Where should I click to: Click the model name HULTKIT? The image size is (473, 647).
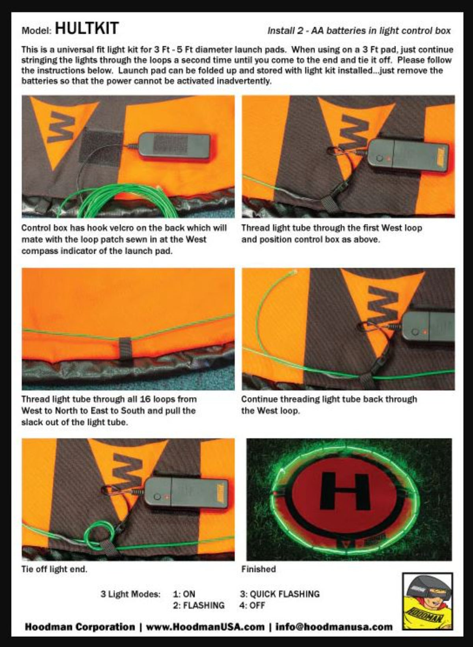coord(87,28)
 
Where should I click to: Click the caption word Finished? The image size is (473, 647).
coord(259,569)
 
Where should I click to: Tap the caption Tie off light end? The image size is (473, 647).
coord(54,569)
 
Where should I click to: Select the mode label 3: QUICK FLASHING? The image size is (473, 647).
coord(279,594)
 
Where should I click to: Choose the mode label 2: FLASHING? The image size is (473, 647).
coord(199,605)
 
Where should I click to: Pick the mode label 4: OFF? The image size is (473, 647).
coord(252,605)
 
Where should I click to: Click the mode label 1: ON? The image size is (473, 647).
coord(184,594)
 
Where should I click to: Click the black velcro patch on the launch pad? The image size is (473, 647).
coord(101,147)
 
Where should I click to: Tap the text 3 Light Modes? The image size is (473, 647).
coord(130,594)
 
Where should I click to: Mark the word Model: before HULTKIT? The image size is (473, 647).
coord(36,31)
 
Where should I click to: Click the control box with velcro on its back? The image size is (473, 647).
coord(175,148)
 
